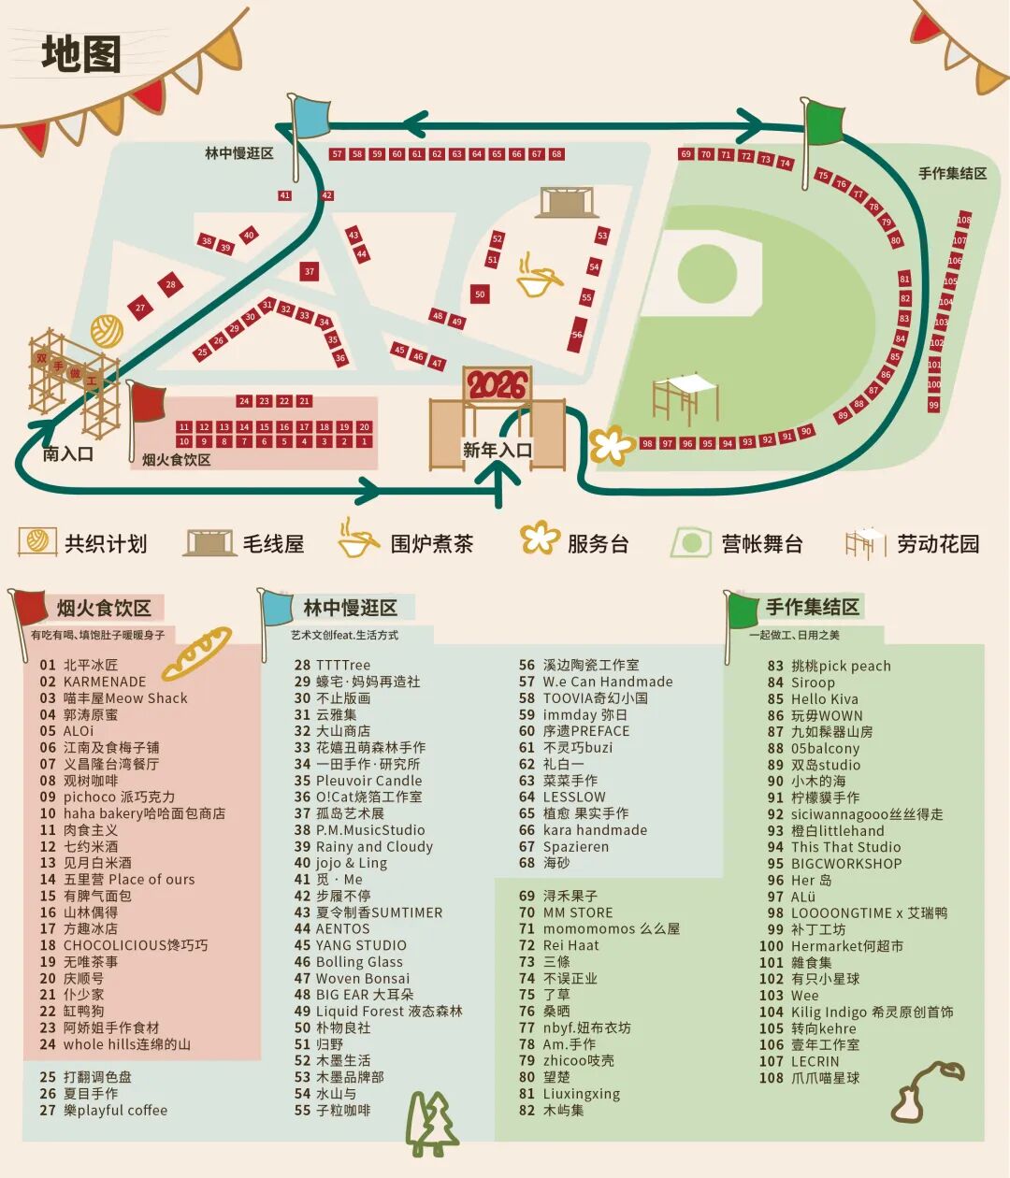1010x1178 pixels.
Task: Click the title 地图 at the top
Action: click(x=81, y=53)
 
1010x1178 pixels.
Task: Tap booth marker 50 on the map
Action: click(x=480, y=294)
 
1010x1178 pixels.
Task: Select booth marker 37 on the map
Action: click(x=309, y=272)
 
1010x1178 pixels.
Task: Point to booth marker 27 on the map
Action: click(x=140, y=308)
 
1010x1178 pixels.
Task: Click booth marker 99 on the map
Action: click(x=933, y=405)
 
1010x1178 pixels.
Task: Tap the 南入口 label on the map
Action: click(x=67, y=454)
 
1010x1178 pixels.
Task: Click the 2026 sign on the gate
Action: click(x=498, y=384)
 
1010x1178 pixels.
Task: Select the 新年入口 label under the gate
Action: click(x=498, y=451)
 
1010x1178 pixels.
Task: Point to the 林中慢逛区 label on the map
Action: click(x=239, y=153)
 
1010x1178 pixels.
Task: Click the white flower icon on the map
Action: click(x=612, y=444)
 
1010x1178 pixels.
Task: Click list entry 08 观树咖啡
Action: click(x=79, y=781)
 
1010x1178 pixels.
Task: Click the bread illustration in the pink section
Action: click(x=196, y=652)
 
